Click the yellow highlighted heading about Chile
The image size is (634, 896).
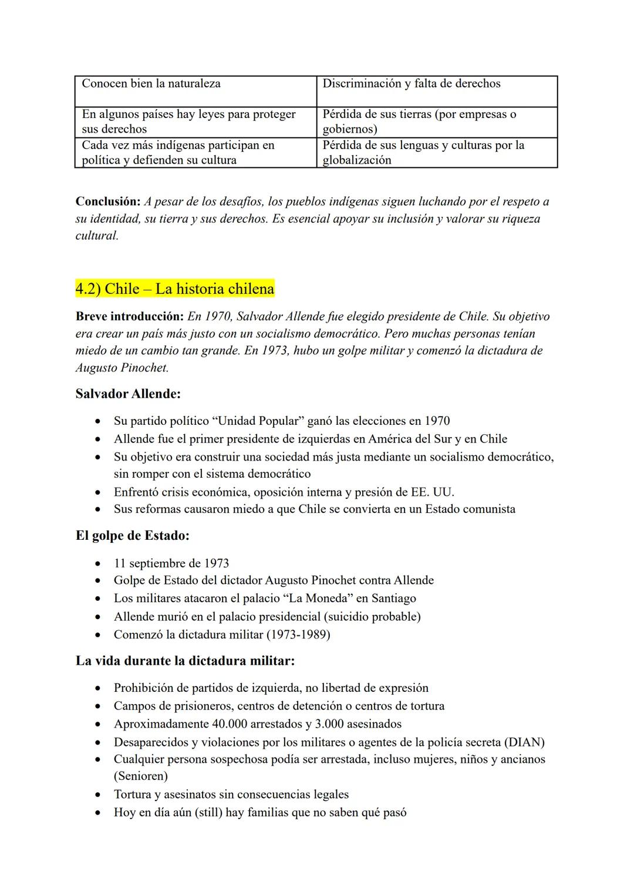coord(175,289)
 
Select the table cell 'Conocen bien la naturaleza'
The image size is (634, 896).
coord(151,84)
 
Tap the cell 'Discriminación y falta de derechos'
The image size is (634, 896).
coord(411,84)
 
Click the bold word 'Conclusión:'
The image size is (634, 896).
coord(108,202)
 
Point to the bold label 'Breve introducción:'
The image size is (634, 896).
coord(130,317)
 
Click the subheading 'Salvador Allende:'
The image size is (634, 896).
coord(128,394)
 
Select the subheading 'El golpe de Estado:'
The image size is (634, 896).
coord(133,536)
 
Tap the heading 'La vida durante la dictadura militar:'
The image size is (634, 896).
coord(185,661)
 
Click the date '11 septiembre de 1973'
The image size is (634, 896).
coord(171,563)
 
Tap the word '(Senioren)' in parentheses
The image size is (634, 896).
coord(141,776)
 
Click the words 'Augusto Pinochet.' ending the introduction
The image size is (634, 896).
coord(122,368)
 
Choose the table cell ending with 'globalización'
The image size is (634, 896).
coord(437,153)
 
